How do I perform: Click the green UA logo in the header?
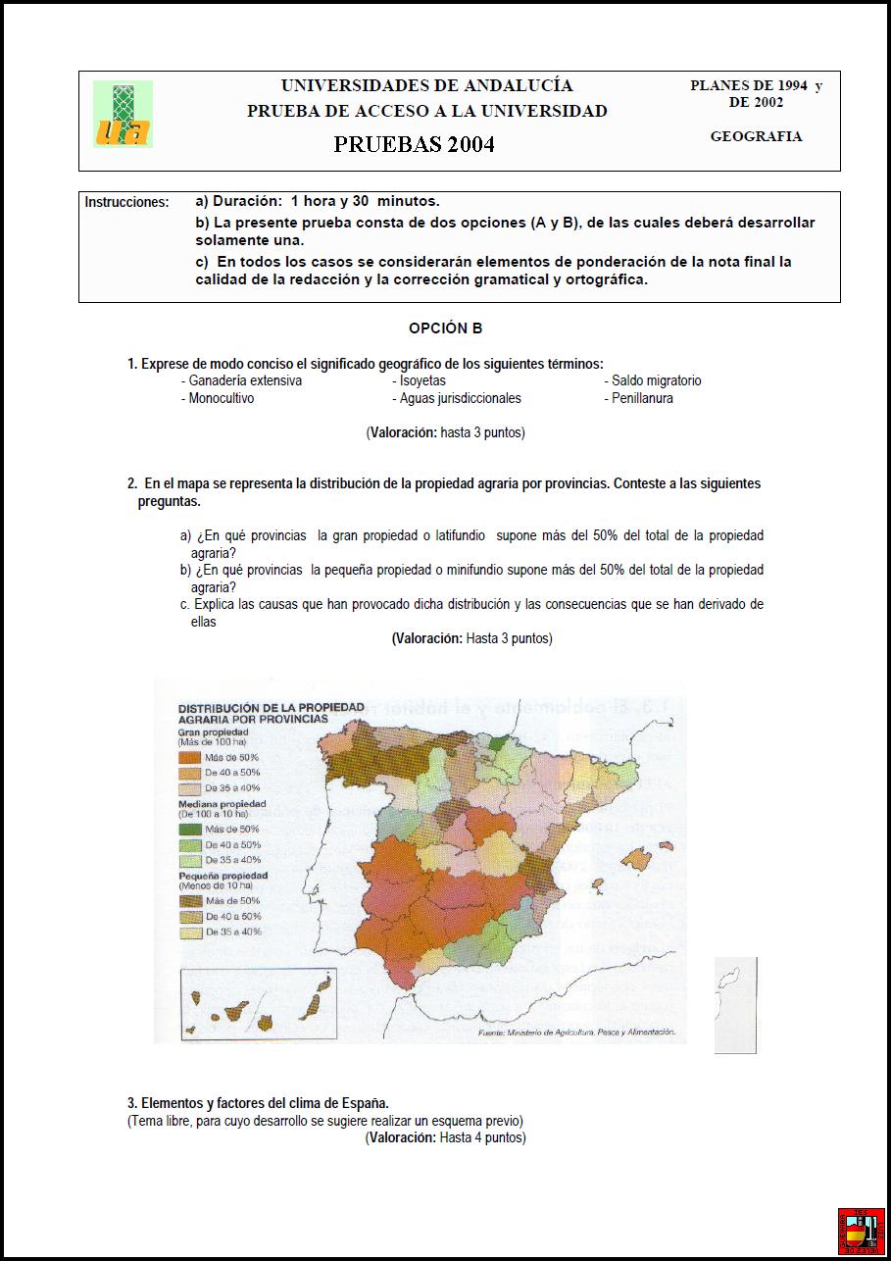(123, 115)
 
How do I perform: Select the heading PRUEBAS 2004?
(414, 144)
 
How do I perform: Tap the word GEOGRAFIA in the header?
(756, 137)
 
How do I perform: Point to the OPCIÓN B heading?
(445, 328)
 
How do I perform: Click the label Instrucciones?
(126, 202)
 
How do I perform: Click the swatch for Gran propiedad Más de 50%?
(189, 757)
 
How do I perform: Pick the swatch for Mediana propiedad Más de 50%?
(189, 829)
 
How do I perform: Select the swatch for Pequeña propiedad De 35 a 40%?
(189, 933)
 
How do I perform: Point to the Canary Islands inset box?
(258, 1005)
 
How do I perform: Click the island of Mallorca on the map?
(636, 860)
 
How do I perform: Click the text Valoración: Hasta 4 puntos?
(445, 1137)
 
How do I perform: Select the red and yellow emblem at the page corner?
(860, 1230)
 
